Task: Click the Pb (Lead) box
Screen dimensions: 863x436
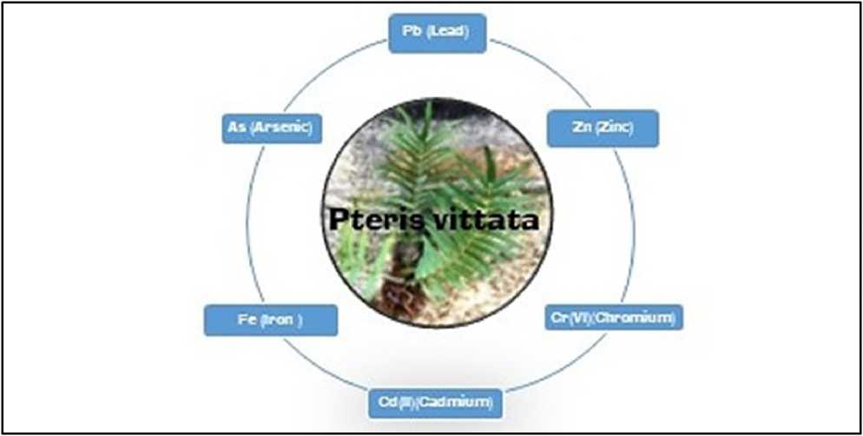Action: [437, 33]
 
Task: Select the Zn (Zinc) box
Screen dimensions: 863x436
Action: [603, 129]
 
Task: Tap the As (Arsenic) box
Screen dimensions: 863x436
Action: [272, 128]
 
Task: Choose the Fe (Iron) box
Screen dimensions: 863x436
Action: [270, 320]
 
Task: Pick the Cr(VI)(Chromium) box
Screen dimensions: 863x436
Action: [612, 318]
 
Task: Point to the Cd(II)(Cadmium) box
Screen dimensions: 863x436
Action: [434, 403]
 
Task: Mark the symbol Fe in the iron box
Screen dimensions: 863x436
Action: [246, 320]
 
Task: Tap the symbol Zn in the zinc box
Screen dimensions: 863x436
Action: [581, 129]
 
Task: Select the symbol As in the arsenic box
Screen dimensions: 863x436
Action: [236, 128]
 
